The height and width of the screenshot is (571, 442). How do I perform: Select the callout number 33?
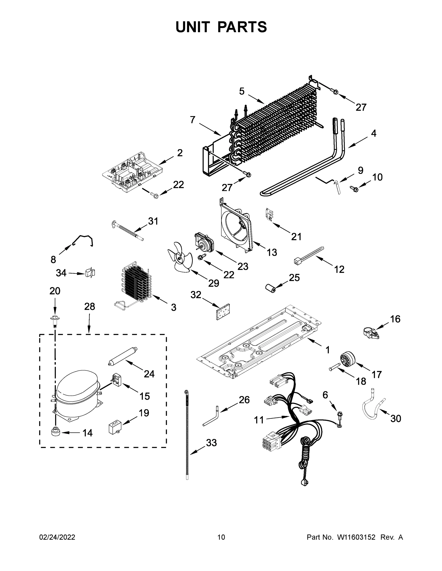pyautogui.click(x=211, y=443)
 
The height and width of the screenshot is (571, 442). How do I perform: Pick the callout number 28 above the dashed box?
pyautogui.click(x=90, y=306)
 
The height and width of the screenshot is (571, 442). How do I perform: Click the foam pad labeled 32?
pyautogui.click(x=223, y=312)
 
